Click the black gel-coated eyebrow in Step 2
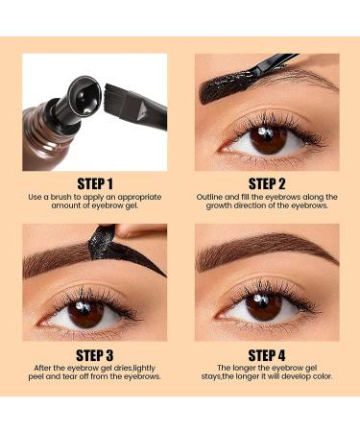pyautogui.click(x=230, y=85)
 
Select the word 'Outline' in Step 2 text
pyautogui.click(x=214, y=198)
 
